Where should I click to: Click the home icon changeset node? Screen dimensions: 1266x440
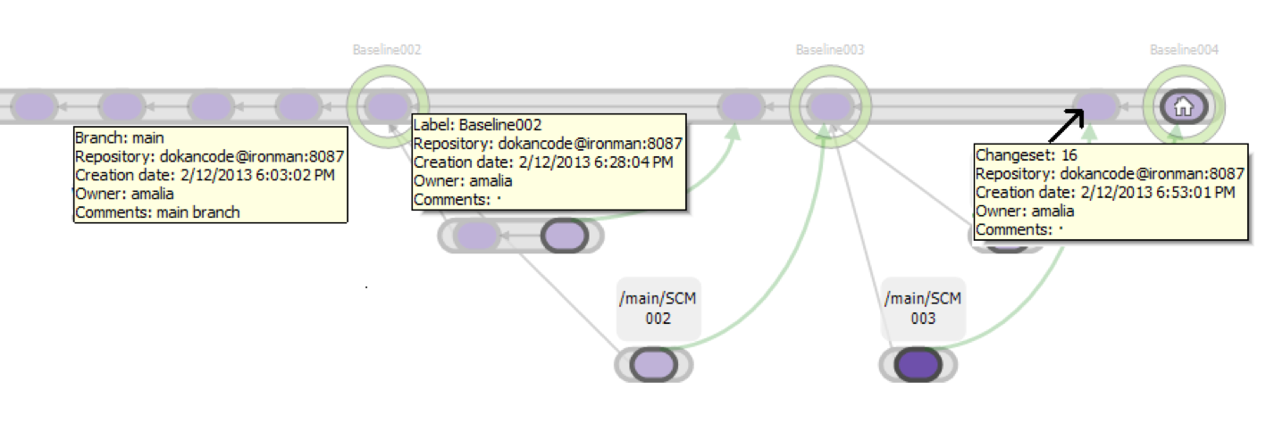coord(1184,106)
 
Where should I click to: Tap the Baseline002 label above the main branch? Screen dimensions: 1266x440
coord(387,50)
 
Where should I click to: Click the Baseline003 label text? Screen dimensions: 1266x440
coord(830,50)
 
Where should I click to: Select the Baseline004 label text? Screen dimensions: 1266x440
coord(1184,50)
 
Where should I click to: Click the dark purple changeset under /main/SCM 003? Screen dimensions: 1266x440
coord(918,364)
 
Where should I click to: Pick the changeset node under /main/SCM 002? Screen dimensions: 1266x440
coord(653,364)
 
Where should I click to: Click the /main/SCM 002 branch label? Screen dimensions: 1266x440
coord(658,309)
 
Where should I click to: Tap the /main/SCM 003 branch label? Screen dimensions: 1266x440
coord(923,309)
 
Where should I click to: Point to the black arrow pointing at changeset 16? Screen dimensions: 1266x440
coord(1067,125)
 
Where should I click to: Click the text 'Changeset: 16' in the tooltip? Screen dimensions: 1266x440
coord(1027,154)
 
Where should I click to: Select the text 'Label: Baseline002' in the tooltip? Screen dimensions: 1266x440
coord(478,125)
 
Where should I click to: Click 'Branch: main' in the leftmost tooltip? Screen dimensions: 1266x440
coord(119,137)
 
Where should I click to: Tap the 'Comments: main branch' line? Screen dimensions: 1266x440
coord(157,212)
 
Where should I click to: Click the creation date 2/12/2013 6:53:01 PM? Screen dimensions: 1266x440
coord(1158,193)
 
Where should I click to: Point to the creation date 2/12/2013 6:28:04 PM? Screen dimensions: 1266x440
coord(596,162)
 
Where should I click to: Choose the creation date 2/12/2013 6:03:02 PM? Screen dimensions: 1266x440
coord(257,175)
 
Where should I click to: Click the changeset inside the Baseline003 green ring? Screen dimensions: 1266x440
coord(830,106)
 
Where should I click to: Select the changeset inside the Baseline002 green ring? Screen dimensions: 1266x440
coord(387,106)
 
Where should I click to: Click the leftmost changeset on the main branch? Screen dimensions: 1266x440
coord(34,106)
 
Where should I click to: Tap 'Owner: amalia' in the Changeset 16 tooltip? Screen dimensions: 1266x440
coord(1025,212)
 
